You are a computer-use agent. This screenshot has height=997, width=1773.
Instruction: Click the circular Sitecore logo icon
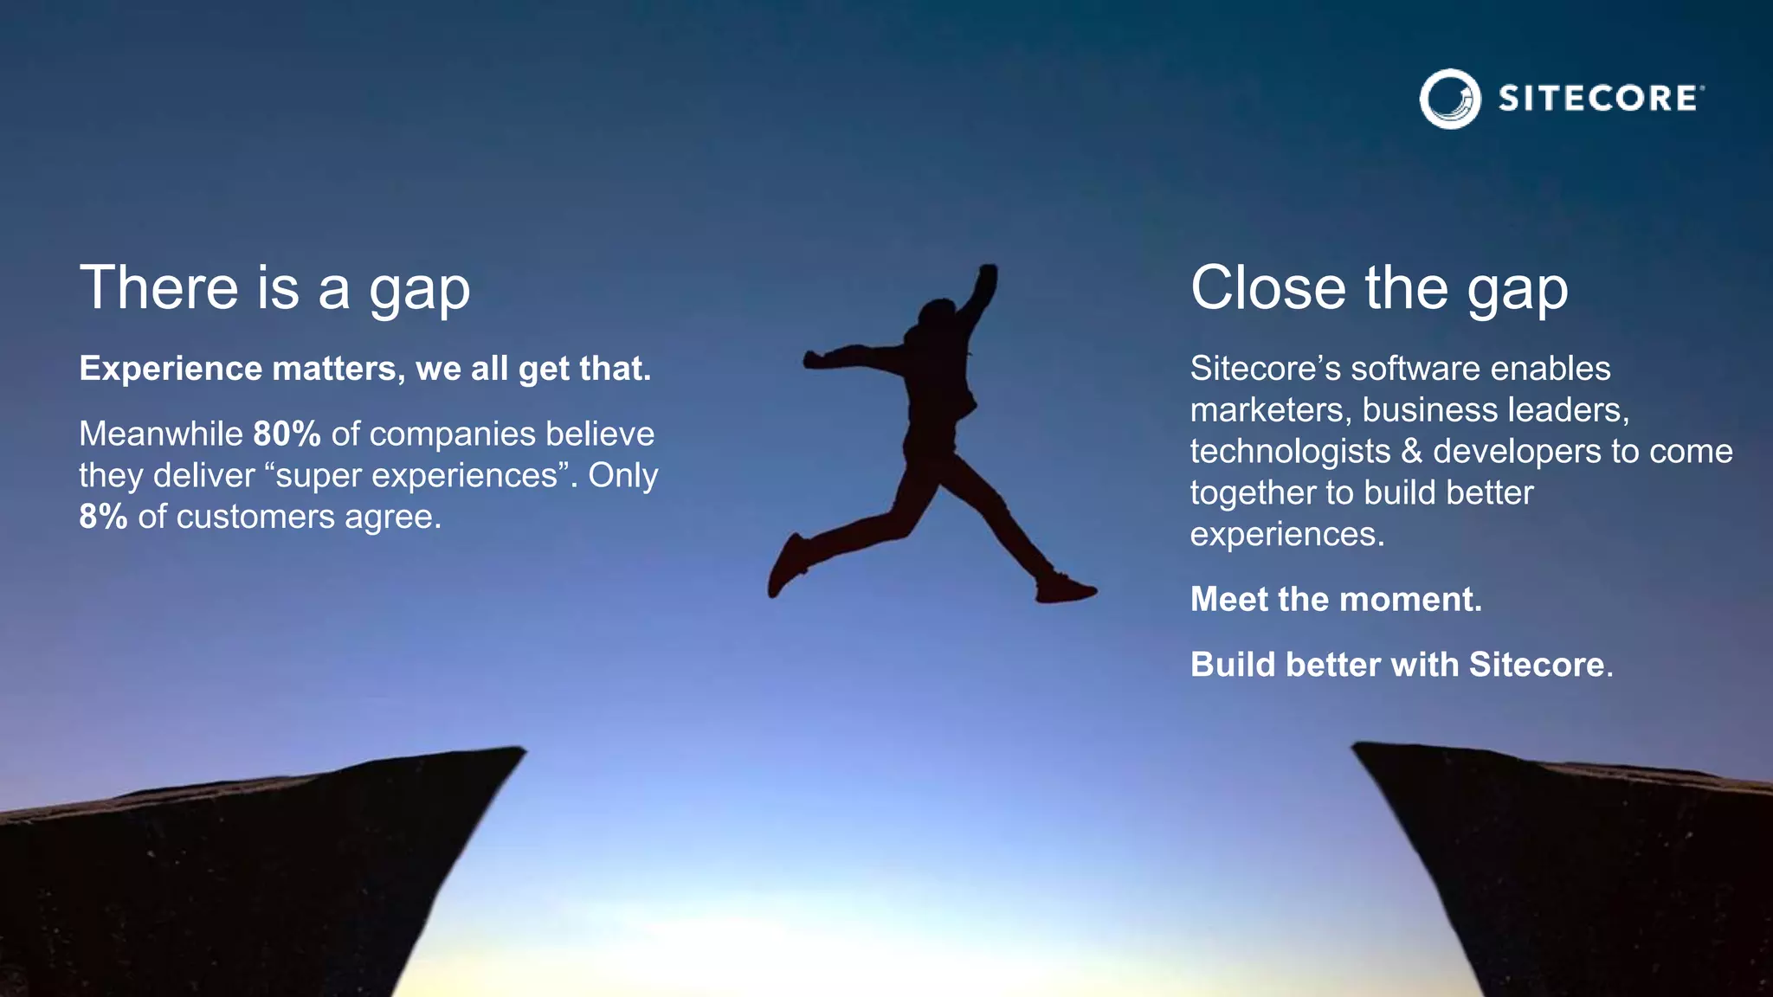pos(1450,99)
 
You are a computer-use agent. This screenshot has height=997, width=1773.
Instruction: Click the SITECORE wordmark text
pos(1598,99)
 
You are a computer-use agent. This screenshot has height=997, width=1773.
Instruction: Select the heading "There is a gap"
pos(274,288)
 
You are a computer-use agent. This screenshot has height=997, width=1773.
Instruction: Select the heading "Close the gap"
pos(1378,288)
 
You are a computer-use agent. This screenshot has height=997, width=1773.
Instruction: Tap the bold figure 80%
pos(287,434)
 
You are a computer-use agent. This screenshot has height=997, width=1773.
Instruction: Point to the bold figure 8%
pos(103,517)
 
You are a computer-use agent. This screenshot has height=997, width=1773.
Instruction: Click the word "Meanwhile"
pos(161,434)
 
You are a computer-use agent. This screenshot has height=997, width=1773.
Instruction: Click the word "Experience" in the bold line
pos(171,370)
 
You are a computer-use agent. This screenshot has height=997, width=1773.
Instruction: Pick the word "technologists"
pos(1289,452)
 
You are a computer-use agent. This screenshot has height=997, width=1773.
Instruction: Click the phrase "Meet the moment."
pos(1336,600)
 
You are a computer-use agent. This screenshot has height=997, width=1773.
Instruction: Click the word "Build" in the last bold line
pos(1233,665)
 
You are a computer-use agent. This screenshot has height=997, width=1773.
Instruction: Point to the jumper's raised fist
pos(987,275)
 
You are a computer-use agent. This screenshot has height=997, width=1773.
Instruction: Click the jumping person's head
pos(937,313)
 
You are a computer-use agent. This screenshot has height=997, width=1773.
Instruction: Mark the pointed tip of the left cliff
pos(520,750)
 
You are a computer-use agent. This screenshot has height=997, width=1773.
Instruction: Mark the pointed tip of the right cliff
pos(1357,745)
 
